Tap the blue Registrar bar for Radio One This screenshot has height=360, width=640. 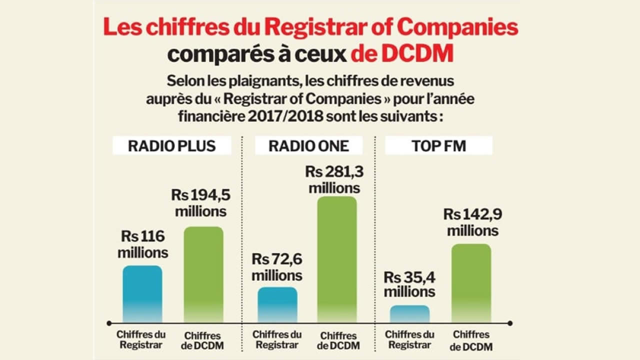coord(277,304)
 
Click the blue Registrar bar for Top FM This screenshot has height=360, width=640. coord(409,313)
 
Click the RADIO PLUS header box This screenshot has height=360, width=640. coord(171,145)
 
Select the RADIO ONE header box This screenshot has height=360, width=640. coord(308,145)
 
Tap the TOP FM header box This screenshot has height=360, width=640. coord(438,145)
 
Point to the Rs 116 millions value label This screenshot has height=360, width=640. coord(142,244)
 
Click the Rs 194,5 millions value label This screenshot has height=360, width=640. coord(200,202)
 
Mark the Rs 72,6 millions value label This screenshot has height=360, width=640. coord(276,267)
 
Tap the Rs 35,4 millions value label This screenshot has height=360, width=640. coord(409,284)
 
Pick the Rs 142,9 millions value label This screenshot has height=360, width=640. coord(472,222)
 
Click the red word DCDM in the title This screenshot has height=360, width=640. coord(417,53)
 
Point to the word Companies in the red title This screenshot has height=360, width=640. coord(460,27)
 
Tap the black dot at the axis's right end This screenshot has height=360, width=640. coord(509,323)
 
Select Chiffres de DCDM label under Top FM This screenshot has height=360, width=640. coord(470,340)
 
